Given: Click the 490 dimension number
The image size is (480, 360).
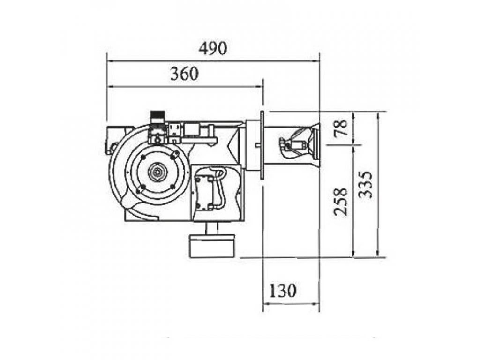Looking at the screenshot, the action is [x=213, y=48].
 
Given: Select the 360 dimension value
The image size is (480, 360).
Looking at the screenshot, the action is [x=184, y=74].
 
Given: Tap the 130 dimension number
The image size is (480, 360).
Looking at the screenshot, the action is [x=283, y=290].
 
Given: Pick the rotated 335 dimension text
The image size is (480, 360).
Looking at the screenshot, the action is [x=366, y=184].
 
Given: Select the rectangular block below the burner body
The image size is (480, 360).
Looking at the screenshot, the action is [x=212, y=246].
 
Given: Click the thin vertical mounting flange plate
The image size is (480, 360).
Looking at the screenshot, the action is [x=262, y=145].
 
